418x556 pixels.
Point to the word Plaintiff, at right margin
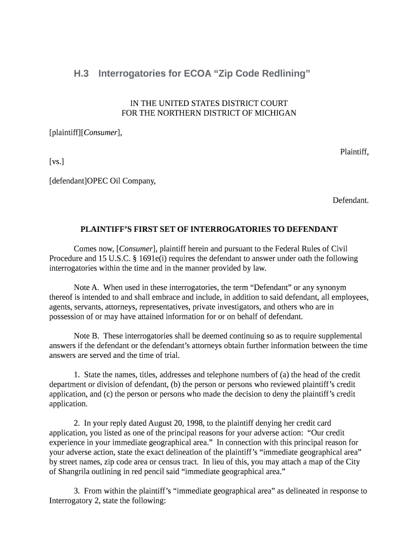click(354, 151)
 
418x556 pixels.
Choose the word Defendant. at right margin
click(351, 200)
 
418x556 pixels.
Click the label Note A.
click(86, 287)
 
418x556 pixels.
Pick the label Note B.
click(86, 336)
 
